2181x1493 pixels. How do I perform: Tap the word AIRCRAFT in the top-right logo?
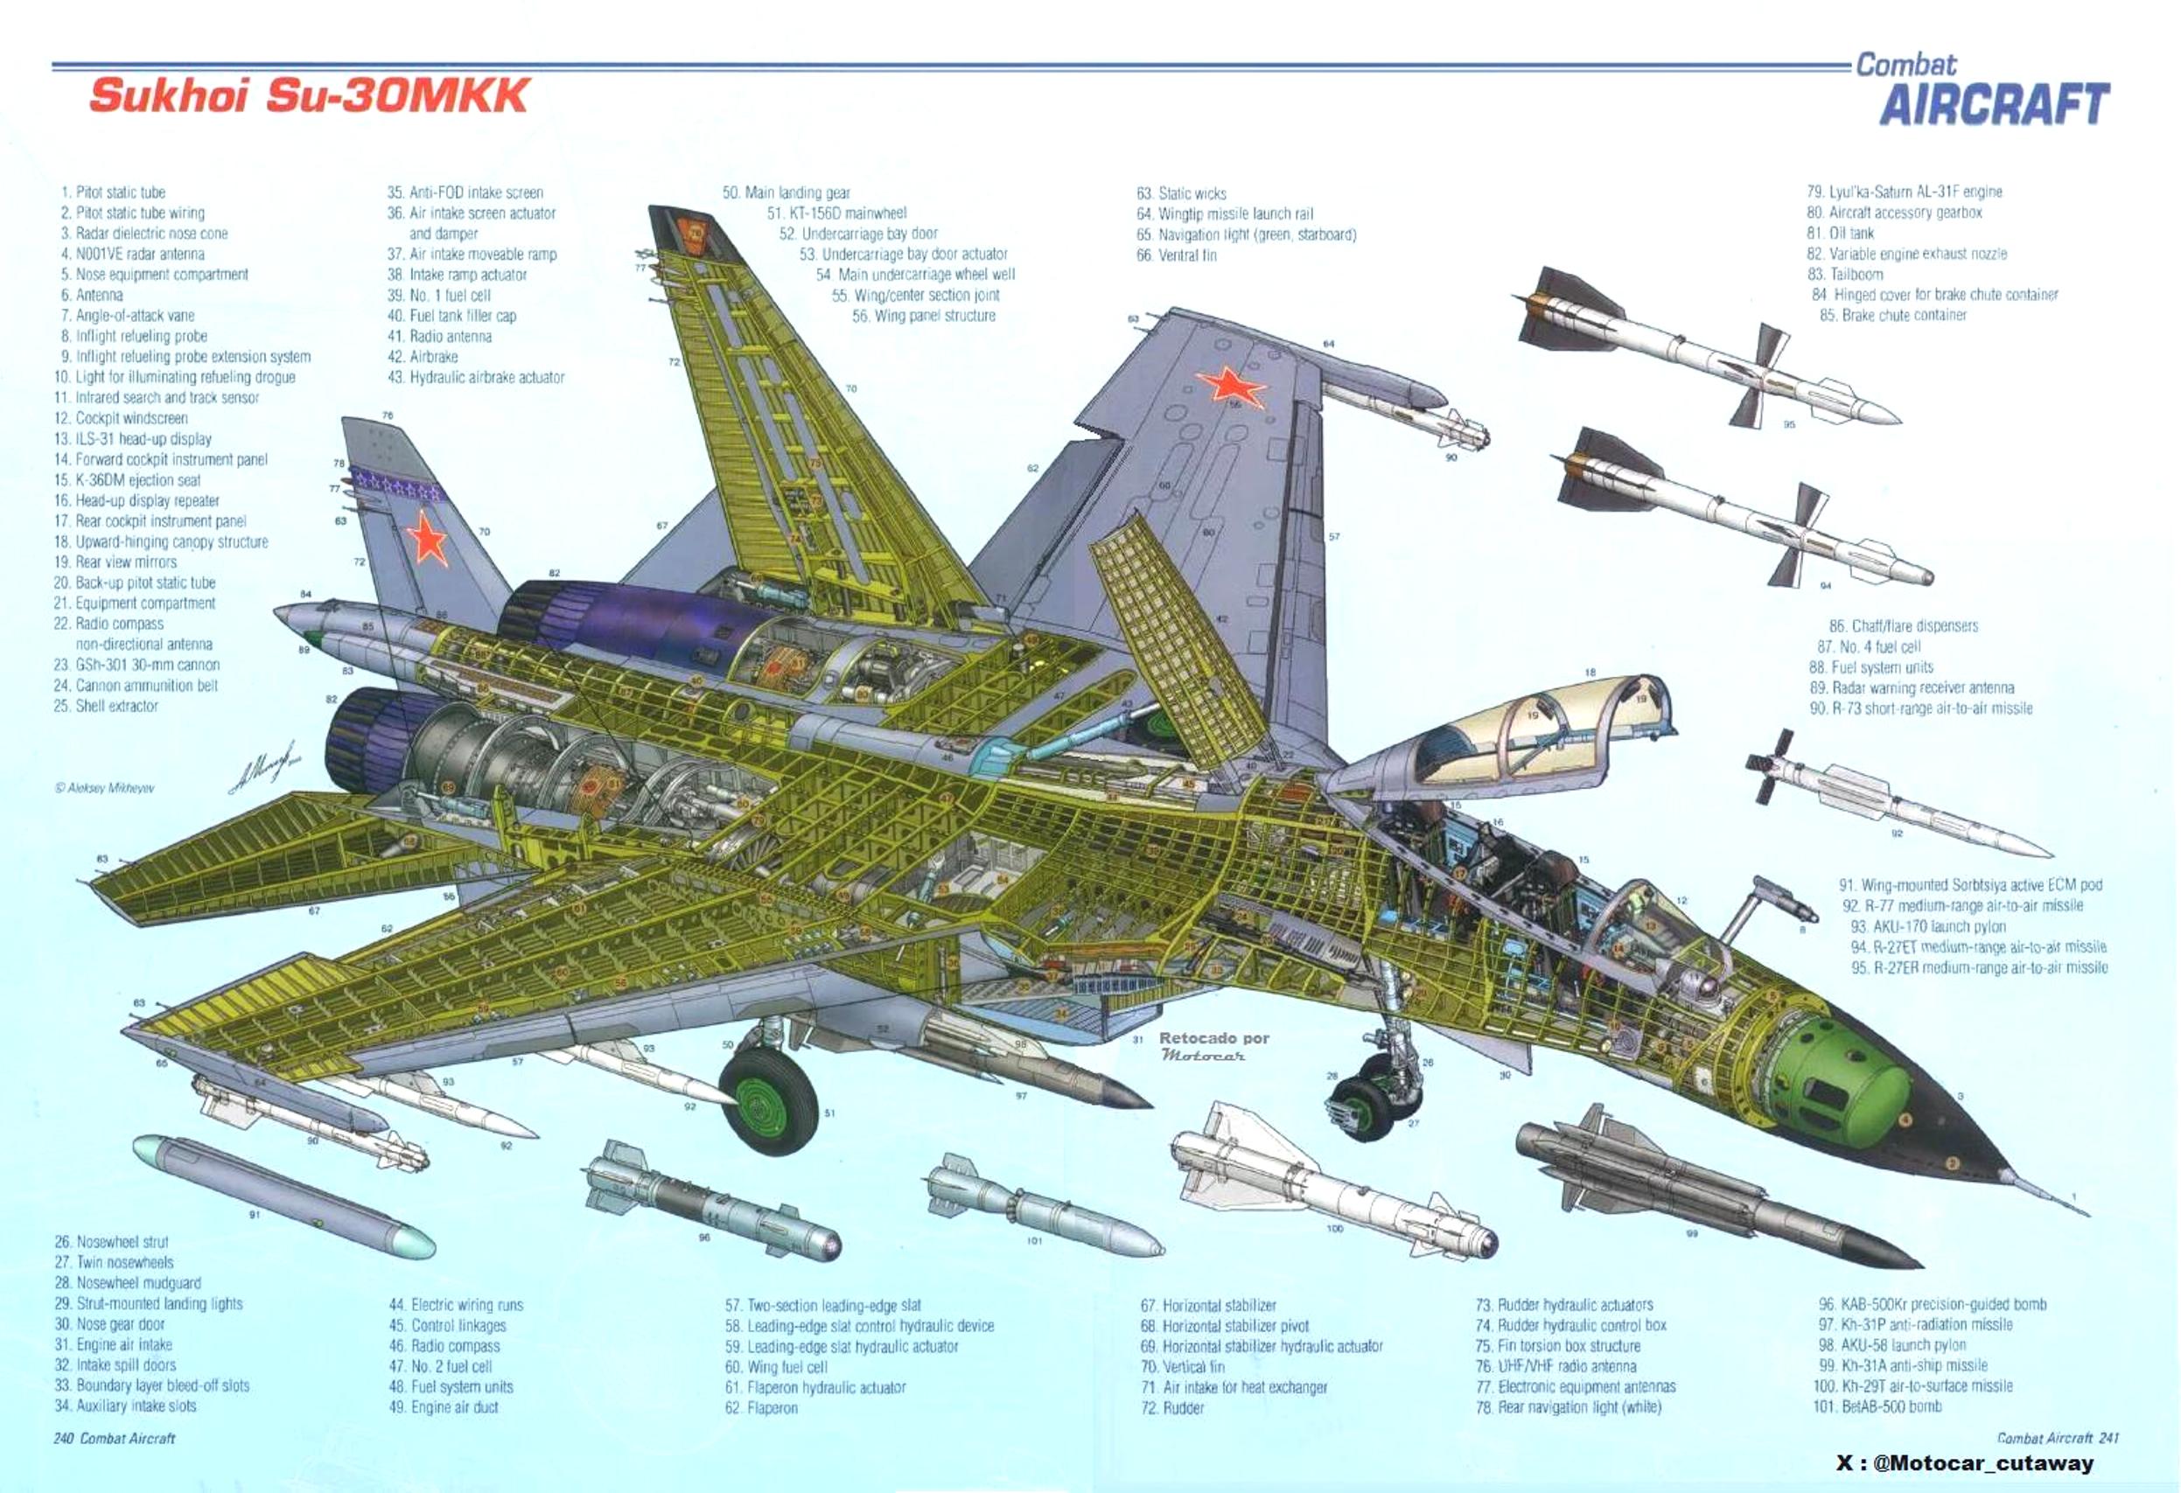(x=1993, y=104)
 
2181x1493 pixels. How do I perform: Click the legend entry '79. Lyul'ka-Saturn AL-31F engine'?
(x=1905, y=192)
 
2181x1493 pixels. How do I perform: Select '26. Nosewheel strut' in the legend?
(x=112, y=1241)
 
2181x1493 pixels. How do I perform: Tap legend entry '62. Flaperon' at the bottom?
(x=761, y=1407)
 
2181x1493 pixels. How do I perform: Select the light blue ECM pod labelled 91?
(x=283, y=1196)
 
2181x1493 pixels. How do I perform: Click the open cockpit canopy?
(x=1520, y=733)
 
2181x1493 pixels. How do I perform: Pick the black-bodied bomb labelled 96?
(x=713, y=1205)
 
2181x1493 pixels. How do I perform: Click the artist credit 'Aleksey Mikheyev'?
(x=104, y=788)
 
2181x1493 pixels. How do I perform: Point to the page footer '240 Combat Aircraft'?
(x=115, y=1438)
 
